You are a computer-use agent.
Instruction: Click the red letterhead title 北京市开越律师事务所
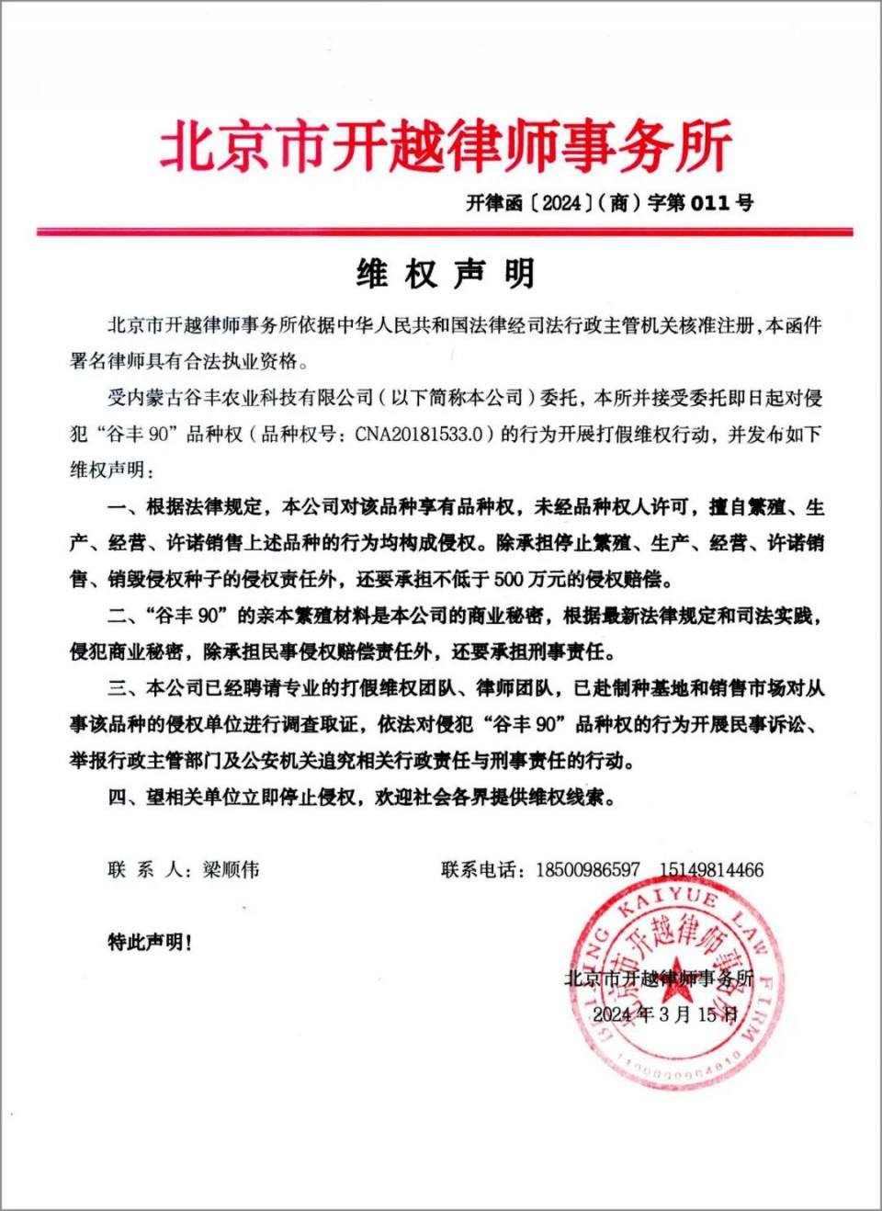coord(446,145)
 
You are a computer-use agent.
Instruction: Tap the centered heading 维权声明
coord(445,274)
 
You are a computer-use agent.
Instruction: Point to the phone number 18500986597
coord(588,869)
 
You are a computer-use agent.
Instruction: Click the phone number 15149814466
coord(711,869)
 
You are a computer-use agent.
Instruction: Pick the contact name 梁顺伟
coord(231,869)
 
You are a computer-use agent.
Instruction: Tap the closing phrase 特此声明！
coord(150,942)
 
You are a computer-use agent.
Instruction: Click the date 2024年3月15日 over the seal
coord(665,1014)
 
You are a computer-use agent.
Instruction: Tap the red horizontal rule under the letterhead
coord(445,232)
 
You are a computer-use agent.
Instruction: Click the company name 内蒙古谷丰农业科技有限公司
coord(249,398)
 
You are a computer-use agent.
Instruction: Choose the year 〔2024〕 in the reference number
coord(562,203)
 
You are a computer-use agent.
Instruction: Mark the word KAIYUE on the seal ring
coord(667,901)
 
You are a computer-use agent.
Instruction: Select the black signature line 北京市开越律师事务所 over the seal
coord(659,978)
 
